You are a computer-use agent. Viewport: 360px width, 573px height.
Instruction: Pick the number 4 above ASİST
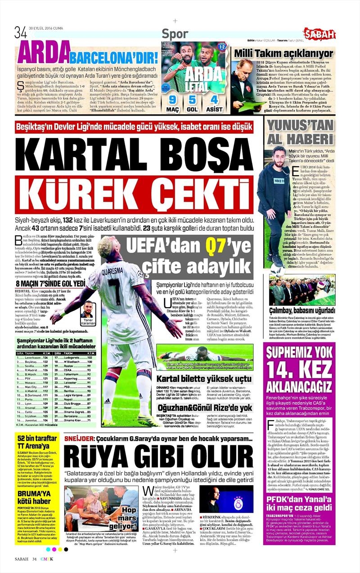214,99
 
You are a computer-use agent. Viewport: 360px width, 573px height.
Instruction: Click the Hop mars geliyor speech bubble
129,515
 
